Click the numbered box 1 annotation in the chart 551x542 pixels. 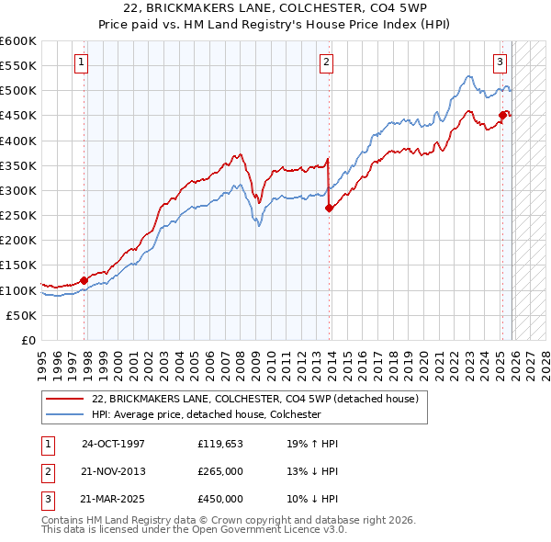click(82, 62)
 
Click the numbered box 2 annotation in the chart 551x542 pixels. click(326, 62)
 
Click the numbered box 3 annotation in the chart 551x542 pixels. click(500, 62)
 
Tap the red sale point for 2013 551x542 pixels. click(329, 208)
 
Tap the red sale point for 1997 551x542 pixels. click(84, 280)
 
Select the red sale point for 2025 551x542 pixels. click(502, 116)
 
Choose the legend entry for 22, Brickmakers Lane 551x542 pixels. click(254, 399)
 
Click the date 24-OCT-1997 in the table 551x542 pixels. click(113, 444)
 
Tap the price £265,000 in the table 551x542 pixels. click(220, 471)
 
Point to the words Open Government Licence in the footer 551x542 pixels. click(271, 530)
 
